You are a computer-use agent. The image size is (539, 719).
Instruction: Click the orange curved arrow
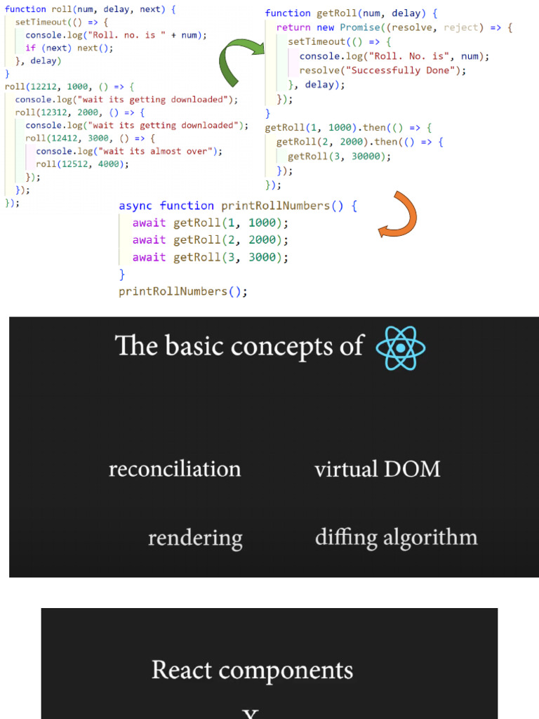(x=400, y=215)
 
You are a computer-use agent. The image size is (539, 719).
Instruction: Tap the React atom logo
(x=400, y=347)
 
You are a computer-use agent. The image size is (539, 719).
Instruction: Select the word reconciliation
(x=175, y=469)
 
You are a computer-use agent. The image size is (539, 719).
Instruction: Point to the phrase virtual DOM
(x=377, y=469)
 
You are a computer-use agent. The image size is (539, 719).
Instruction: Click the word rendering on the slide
(x=195, y=539)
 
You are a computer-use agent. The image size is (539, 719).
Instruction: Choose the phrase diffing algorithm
(x=396, y=538)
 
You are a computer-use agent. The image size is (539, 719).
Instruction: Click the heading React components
(x=252, y=670)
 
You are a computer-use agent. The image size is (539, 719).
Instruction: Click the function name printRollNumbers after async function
(x=276, y=206)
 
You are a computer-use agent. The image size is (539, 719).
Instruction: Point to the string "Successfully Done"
(x=408, y=70)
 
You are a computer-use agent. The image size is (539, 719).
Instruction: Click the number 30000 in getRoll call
(x=369, y=157)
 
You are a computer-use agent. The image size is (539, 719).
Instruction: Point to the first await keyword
(x=149, y=223)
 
